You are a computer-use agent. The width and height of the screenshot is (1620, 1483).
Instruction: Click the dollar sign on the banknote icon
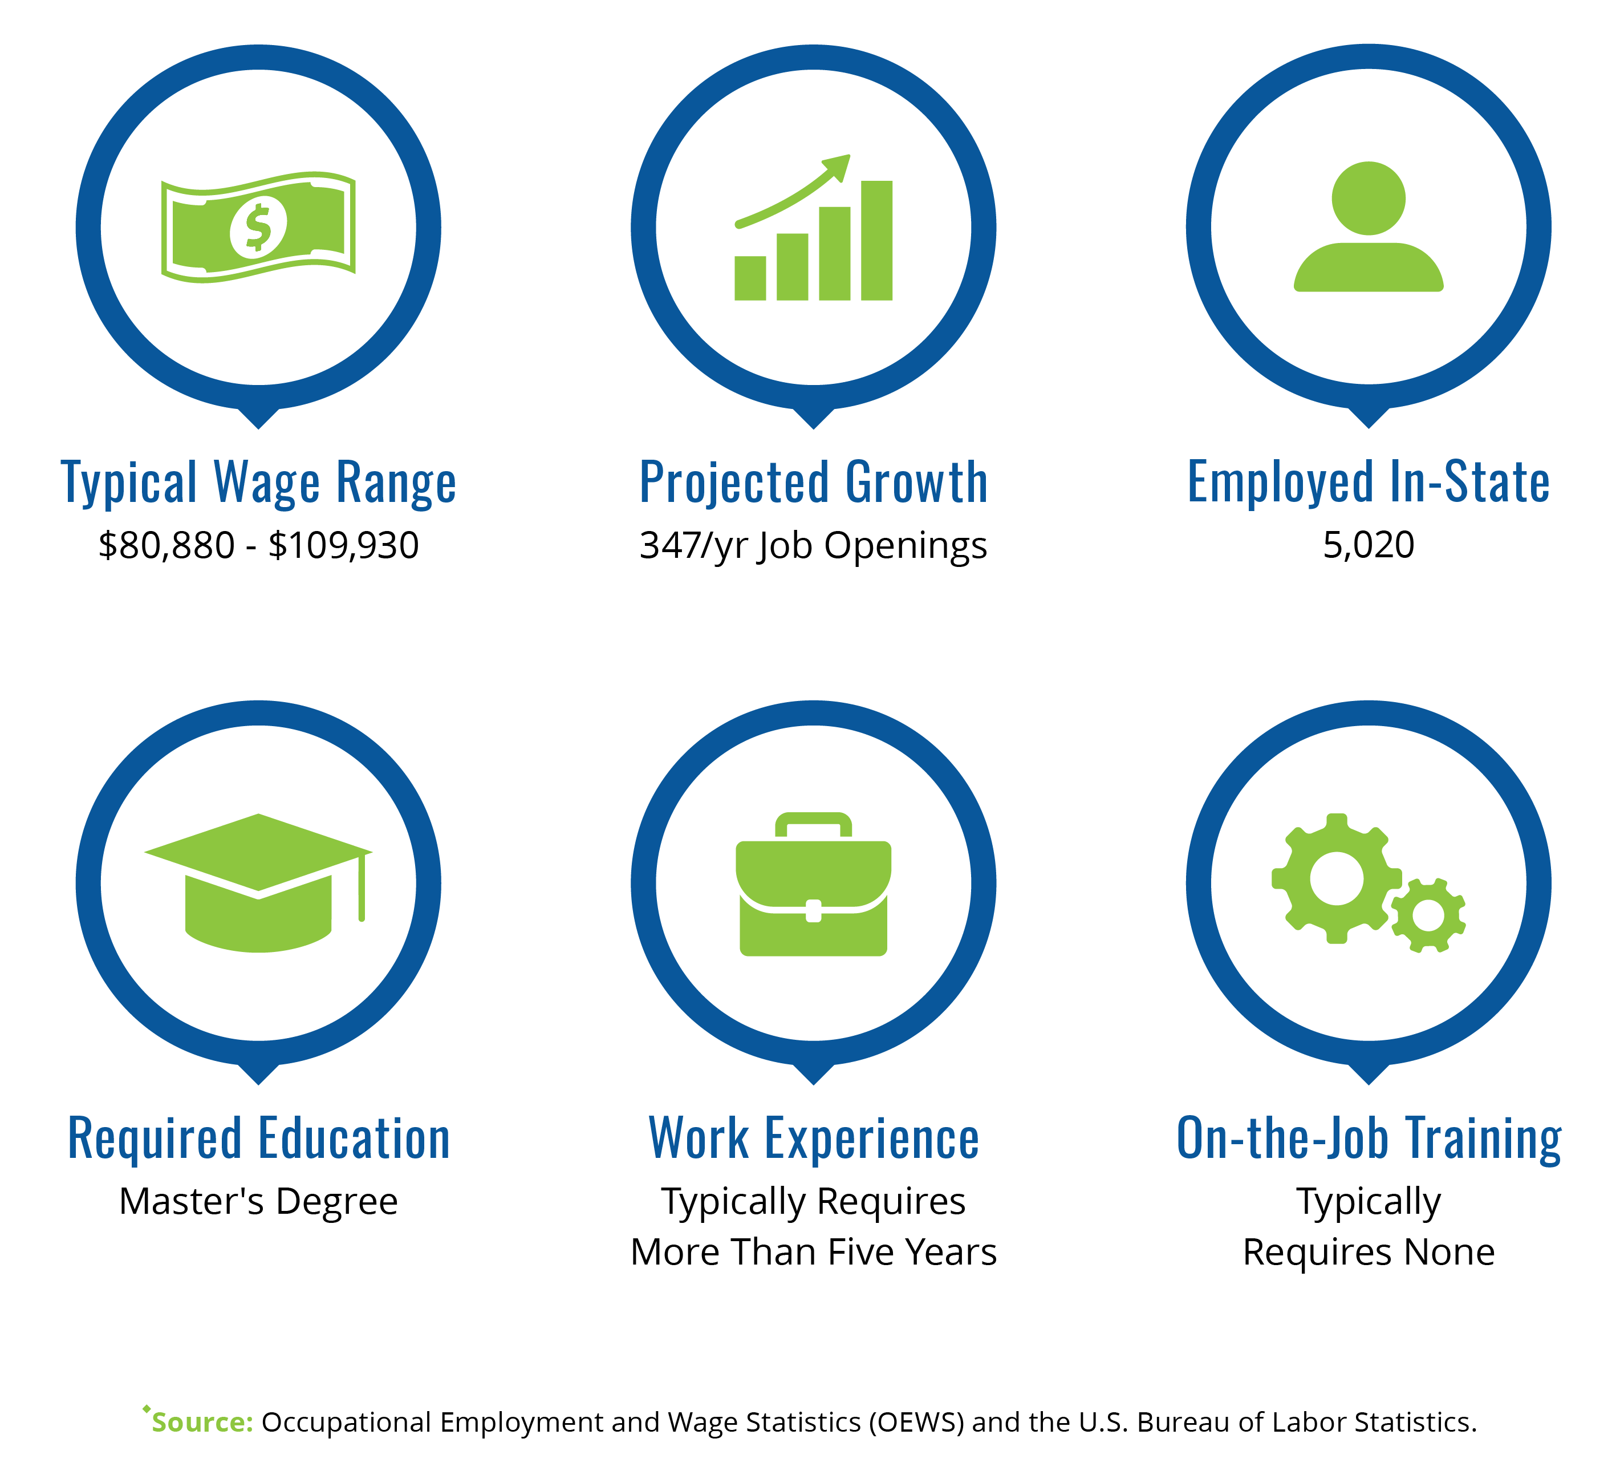(258, 226)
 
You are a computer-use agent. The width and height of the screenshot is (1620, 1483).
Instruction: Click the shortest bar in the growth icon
(750, 278)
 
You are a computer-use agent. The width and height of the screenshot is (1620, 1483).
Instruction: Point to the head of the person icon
(1369, 198)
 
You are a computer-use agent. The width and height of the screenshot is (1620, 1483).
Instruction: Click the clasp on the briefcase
(813, 911)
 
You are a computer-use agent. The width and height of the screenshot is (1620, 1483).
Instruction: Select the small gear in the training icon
(1428, 915)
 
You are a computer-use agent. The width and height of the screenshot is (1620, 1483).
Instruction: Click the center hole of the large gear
(1337, 878)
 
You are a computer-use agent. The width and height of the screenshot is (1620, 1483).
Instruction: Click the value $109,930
(344, 546)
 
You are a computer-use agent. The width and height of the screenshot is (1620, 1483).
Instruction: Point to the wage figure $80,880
(167, 546)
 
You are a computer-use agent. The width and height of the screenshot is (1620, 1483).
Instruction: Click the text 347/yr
(693, 546)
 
